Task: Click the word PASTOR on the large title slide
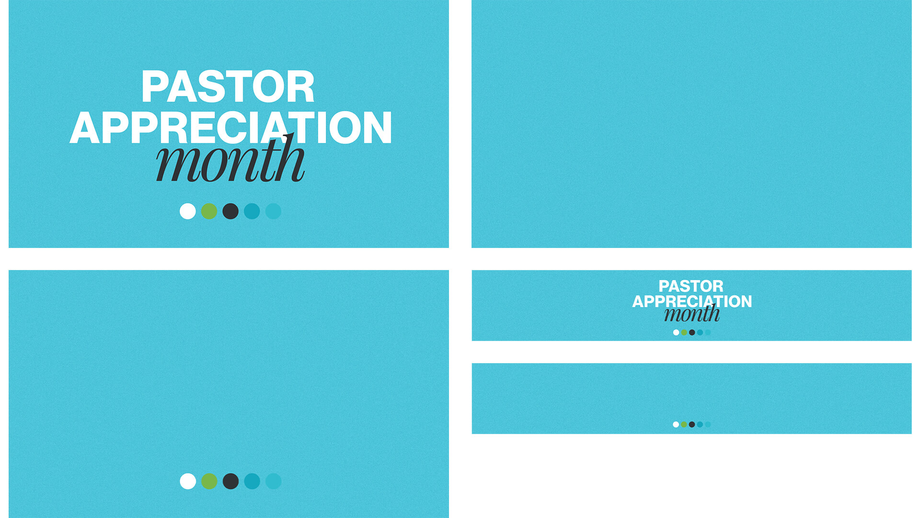228,87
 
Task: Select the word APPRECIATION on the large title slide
231,128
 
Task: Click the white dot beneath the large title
188,211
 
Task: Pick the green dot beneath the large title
209,211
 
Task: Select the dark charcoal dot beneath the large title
230,211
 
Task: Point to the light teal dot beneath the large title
273,211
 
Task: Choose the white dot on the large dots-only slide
188,481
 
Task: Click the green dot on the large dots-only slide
209,481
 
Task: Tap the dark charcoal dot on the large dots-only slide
230,481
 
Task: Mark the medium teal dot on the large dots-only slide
252,481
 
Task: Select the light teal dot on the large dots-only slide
273,481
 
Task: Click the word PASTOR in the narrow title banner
691,286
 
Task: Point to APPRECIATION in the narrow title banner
692,301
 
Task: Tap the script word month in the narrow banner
692,313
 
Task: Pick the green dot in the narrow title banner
684,332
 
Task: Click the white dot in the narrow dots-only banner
676,424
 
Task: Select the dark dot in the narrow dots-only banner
692,424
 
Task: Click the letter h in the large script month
289,158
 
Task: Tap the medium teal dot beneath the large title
252,211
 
